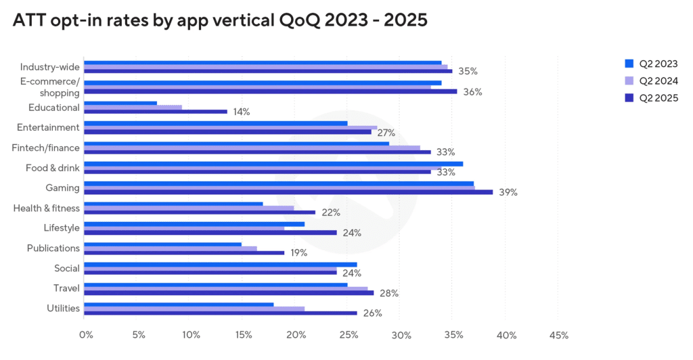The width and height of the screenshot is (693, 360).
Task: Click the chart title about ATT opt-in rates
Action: point(220,20)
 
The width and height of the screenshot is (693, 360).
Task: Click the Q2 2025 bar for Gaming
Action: point(288,192)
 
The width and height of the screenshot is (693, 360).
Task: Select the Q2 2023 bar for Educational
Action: point(120,104)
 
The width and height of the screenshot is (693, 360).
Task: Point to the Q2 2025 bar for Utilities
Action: point(220,313)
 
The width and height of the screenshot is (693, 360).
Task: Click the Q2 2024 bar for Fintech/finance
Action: point(252,148)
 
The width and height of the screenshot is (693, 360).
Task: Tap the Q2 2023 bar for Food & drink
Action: point(273,164)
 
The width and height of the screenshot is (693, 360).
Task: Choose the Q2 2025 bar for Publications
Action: point(184,252)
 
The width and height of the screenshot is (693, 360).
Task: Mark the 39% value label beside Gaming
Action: point(508,192)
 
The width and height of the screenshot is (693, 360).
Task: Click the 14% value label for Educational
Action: point(241,112)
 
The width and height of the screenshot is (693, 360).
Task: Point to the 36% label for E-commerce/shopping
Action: point(472,91)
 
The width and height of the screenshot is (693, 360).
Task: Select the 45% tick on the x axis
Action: point(559,335)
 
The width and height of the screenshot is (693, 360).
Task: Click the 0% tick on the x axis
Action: point(86,335)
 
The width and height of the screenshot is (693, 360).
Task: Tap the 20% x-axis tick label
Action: point(296,335)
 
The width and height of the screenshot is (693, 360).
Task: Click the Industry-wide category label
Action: point(50,67)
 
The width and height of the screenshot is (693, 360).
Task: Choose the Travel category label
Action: point(67,288)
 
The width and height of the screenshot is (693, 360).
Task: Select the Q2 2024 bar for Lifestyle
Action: point(184,228)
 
